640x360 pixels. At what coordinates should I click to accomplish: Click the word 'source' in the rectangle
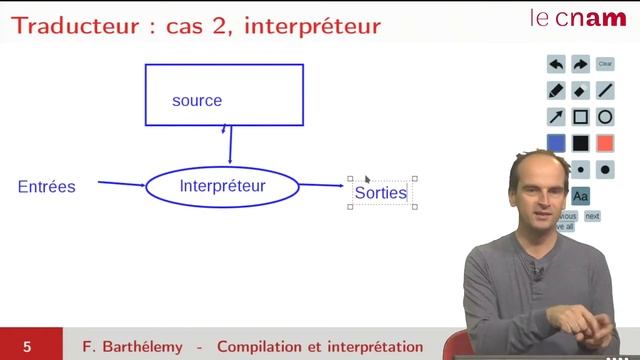[x=197, y=100]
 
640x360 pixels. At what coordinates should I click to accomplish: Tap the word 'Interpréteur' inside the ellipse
[x=222, y=186]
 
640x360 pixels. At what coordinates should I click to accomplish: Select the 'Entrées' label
[x=46, y=187]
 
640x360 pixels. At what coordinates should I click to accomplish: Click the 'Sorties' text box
[x=381, y=192]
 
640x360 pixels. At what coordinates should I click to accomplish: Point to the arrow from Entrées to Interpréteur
[x=121, y=184]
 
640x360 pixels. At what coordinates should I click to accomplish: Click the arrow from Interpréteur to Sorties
[x=321, y=185]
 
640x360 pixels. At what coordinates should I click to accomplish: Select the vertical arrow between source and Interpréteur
[x=230, y=144]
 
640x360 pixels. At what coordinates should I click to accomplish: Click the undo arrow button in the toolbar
[x=556, y=64]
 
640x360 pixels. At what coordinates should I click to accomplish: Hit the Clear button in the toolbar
[x=605, y=64]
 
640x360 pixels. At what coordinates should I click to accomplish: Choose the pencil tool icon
[x=556, y=90]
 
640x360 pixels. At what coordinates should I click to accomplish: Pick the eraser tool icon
[x=580, y=90]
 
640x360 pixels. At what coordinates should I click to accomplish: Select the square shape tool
[x=580, y=117]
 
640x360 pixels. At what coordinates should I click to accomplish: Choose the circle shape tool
[x=605, y=117]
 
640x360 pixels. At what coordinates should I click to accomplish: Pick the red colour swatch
[x=605, y=143]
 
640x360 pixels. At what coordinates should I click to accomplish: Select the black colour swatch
[x=580, y=143]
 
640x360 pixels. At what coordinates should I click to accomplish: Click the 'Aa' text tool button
[x=581, y=195]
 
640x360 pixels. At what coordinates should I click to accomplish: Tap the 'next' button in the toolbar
[x=592, y=216]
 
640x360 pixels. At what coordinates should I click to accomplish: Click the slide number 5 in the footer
[x=28, y=347]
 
